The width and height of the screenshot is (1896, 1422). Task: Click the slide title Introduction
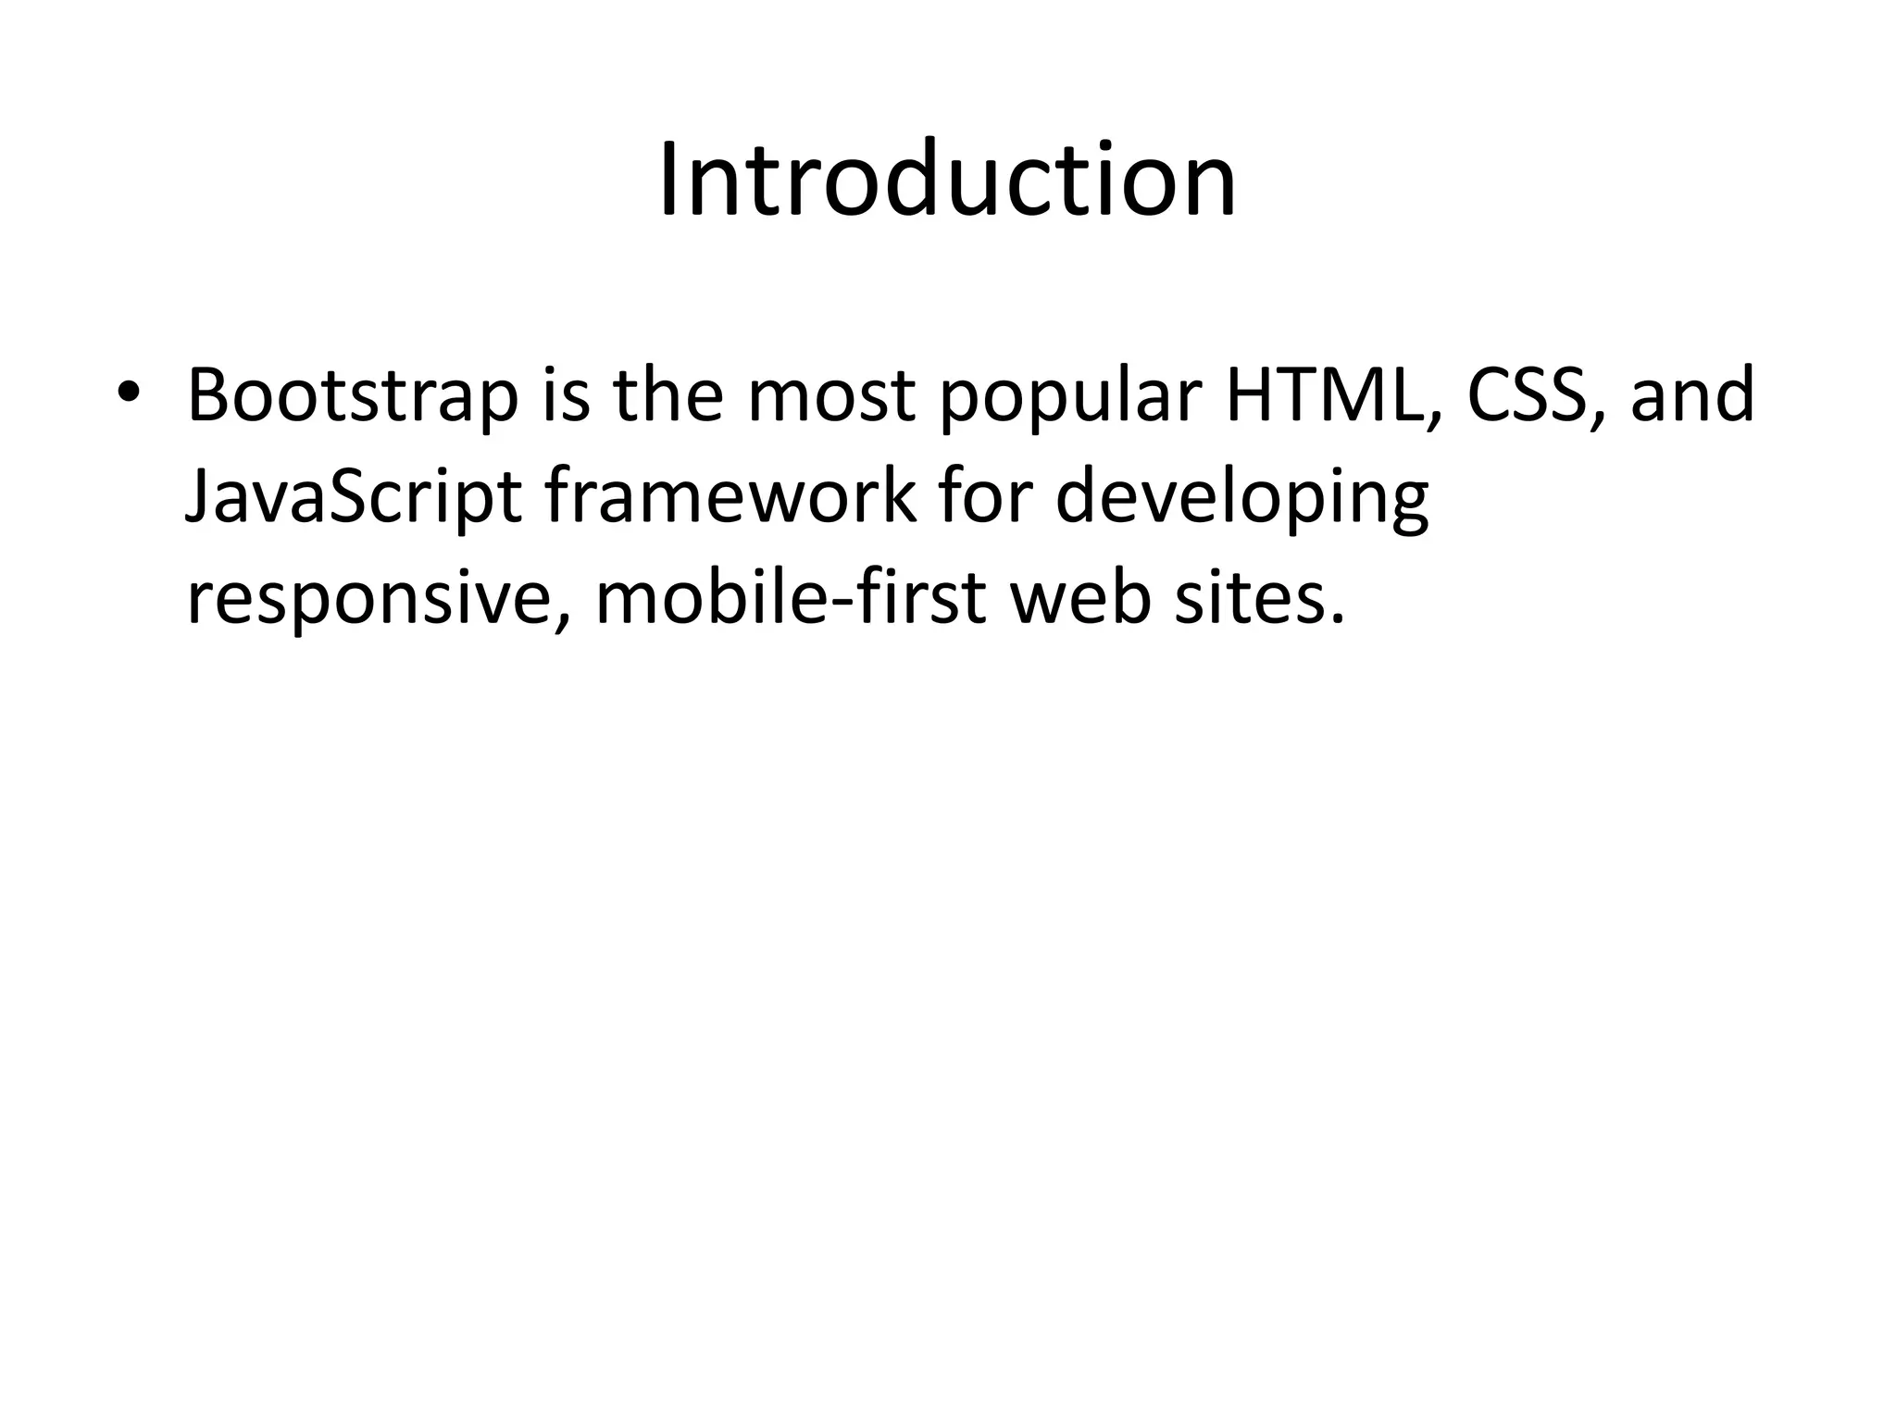pyautogui.click(x=947, y=180)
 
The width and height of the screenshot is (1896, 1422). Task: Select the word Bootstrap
pyautogui.click(x=353, y=396)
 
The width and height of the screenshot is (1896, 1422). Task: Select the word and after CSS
pyautogui.click(x=1692, y=396)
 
